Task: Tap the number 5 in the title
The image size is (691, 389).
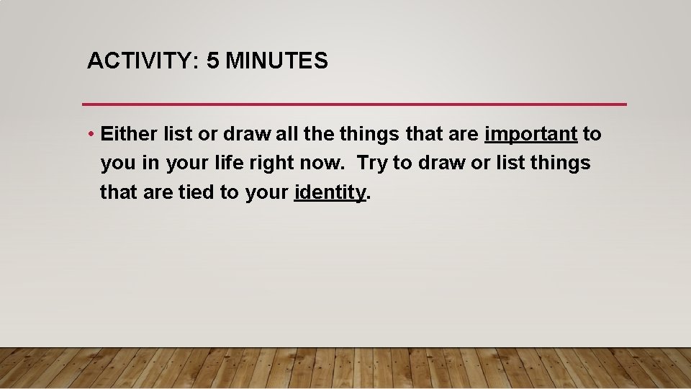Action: (212, 61)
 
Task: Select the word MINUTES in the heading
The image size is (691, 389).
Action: (276, 61)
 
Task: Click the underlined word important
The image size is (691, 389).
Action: (531, 135)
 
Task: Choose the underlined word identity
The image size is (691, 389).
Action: (330, 192)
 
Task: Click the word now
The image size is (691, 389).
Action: (321, 164)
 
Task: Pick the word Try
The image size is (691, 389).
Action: (372, 164)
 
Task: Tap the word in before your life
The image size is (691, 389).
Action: (150, 164)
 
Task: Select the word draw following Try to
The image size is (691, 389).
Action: (440, 164)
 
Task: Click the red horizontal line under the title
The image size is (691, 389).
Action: (355, 104)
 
